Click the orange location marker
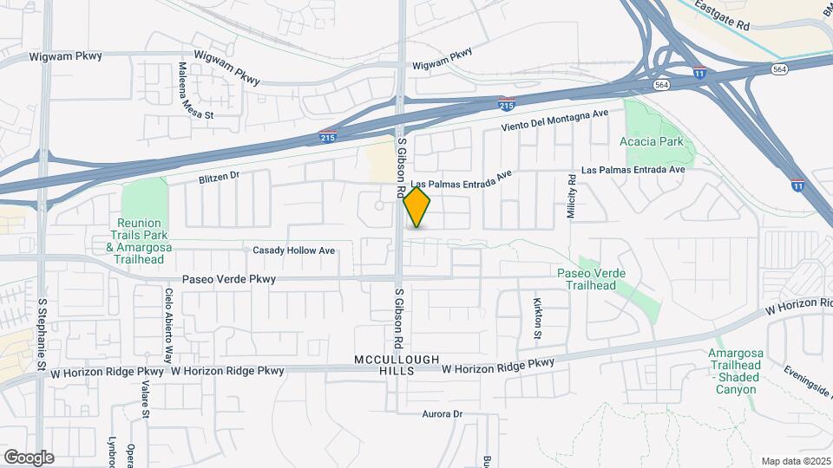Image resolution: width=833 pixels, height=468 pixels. point(416,208)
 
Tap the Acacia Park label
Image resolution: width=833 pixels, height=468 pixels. point(652,141)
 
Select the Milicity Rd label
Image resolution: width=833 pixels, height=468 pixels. point(572,196)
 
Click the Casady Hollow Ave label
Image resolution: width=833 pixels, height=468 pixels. point(293,250)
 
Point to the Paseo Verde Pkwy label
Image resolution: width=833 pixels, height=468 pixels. point(229,279)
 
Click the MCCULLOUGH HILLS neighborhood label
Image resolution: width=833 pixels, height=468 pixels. point(397,365)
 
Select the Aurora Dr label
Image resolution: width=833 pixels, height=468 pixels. point(443,414)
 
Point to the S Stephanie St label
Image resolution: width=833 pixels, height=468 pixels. point(42,336)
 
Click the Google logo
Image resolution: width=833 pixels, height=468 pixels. point(29,457)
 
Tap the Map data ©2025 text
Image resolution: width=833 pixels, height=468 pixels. point(795,460)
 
